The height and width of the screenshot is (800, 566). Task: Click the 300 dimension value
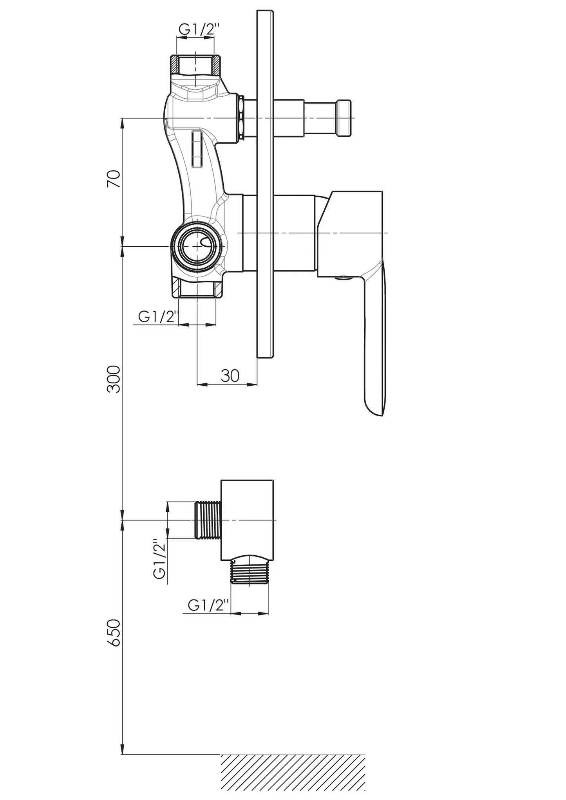(114, 379)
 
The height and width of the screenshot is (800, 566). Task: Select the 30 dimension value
(230, 376)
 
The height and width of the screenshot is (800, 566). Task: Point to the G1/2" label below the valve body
(158, 316)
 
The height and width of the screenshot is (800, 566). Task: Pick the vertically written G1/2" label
(159, 560)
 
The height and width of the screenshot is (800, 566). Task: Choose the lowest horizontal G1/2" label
(208, 605)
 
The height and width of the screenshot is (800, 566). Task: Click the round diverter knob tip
(344, 118)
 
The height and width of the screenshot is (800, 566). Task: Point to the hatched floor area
(293, 776)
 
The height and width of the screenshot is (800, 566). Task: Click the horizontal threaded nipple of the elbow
(208, 520)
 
